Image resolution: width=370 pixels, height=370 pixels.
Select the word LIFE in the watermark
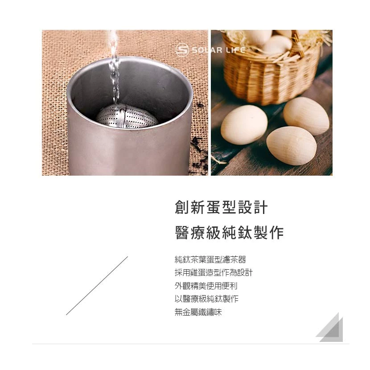[234, 50]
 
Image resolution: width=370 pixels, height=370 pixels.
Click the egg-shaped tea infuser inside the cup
[127, 116]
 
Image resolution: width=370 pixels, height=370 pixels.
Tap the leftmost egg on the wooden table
[244, 124]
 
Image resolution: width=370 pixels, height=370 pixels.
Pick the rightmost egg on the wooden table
[306, 115]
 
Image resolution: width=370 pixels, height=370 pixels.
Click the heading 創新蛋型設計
[221, 208]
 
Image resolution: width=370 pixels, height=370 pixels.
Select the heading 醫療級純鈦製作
[230, 233]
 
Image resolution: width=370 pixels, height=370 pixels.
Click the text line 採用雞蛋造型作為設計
[214, 273]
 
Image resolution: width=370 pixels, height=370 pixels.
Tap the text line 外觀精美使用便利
[206, 286]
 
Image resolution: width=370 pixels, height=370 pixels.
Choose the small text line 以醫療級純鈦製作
[206, 299]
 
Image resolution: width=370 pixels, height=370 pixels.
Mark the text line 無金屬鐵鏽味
[198, 312]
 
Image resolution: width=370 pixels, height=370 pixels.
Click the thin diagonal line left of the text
[97, 285]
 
